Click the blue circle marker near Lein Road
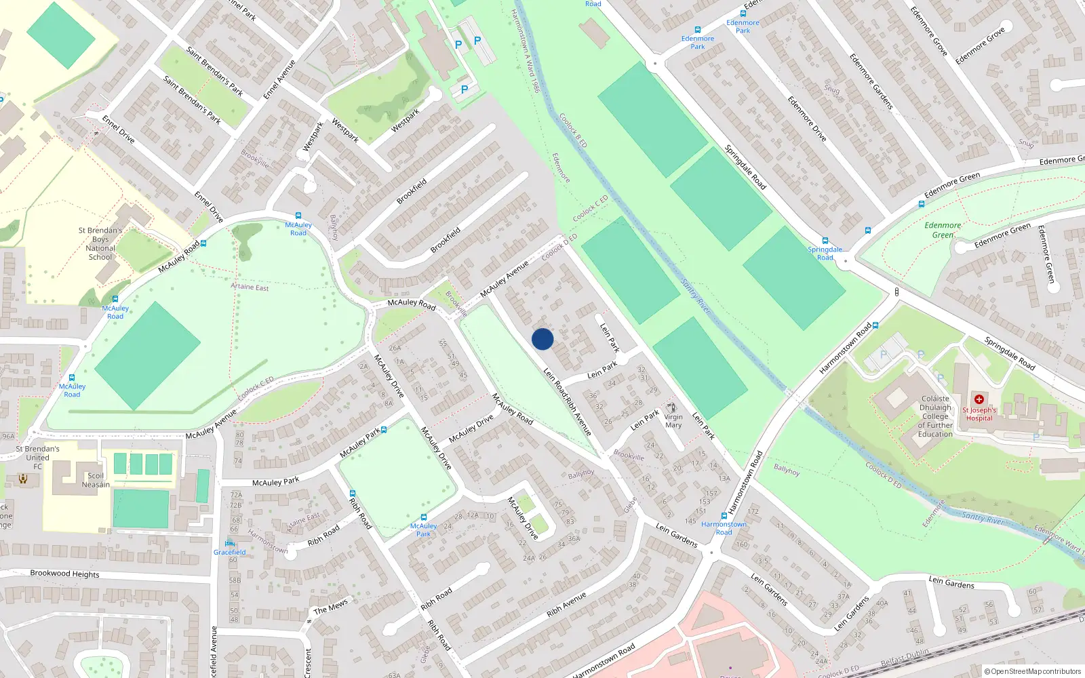click(542, 339)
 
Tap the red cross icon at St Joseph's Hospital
click(979, 399)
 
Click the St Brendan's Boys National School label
click(100, 243)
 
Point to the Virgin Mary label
click(673, 421)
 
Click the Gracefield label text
click(230, 552)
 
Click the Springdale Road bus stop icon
click(825, 241)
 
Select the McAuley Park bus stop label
click(423, 530)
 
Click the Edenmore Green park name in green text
click(943, 230)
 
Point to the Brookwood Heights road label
click(64, 574)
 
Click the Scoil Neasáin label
click(96, 480)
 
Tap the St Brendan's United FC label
click(37, 458)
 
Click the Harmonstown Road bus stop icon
click(724, 516)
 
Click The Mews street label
click(330, 606)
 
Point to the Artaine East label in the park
click(250, 287)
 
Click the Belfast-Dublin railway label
click(905, 658)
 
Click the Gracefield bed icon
click(230, 542)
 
